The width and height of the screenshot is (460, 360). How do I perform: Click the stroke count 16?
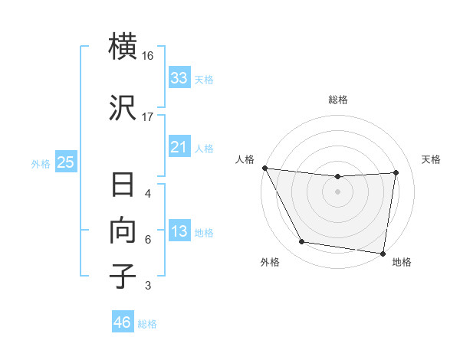[x=148, y=57]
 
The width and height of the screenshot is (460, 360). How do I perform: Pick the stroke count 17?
[x=148, y=116]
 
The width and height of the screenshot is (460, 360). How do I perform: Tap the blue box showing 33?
[x=179, y=78]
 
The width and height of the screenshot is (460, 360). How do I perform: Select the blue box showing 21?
[x=179, y=147]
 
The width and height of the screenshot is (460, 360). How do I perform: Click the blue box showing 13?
[x=179, y=232]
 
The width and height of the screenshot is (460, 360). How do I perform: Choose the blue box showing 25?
[x=65, y=162]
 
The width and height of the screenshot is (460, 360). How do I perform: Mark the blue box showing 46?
[x=122, y=322]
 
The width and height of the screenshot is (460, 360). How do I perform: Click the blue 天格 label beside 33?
[x=204, y=79]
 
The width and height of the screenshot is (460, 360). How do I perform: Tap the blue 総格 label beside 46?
[x=147, y=323]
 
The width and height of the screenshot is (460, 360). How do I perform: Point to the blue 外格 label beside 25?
[x=41, y=163]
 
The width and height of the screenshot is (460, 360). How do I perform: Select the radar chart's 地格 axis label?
[x=402, y=262]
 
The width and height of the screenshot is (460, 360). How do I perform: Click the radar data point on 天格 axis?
[x=396, y=172]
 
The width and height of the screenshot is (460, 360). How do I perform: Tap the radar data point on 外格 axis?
[x=301, y=243]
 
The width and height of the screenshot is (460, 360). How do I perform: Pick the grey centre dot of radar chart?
[x=337, y=191]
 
